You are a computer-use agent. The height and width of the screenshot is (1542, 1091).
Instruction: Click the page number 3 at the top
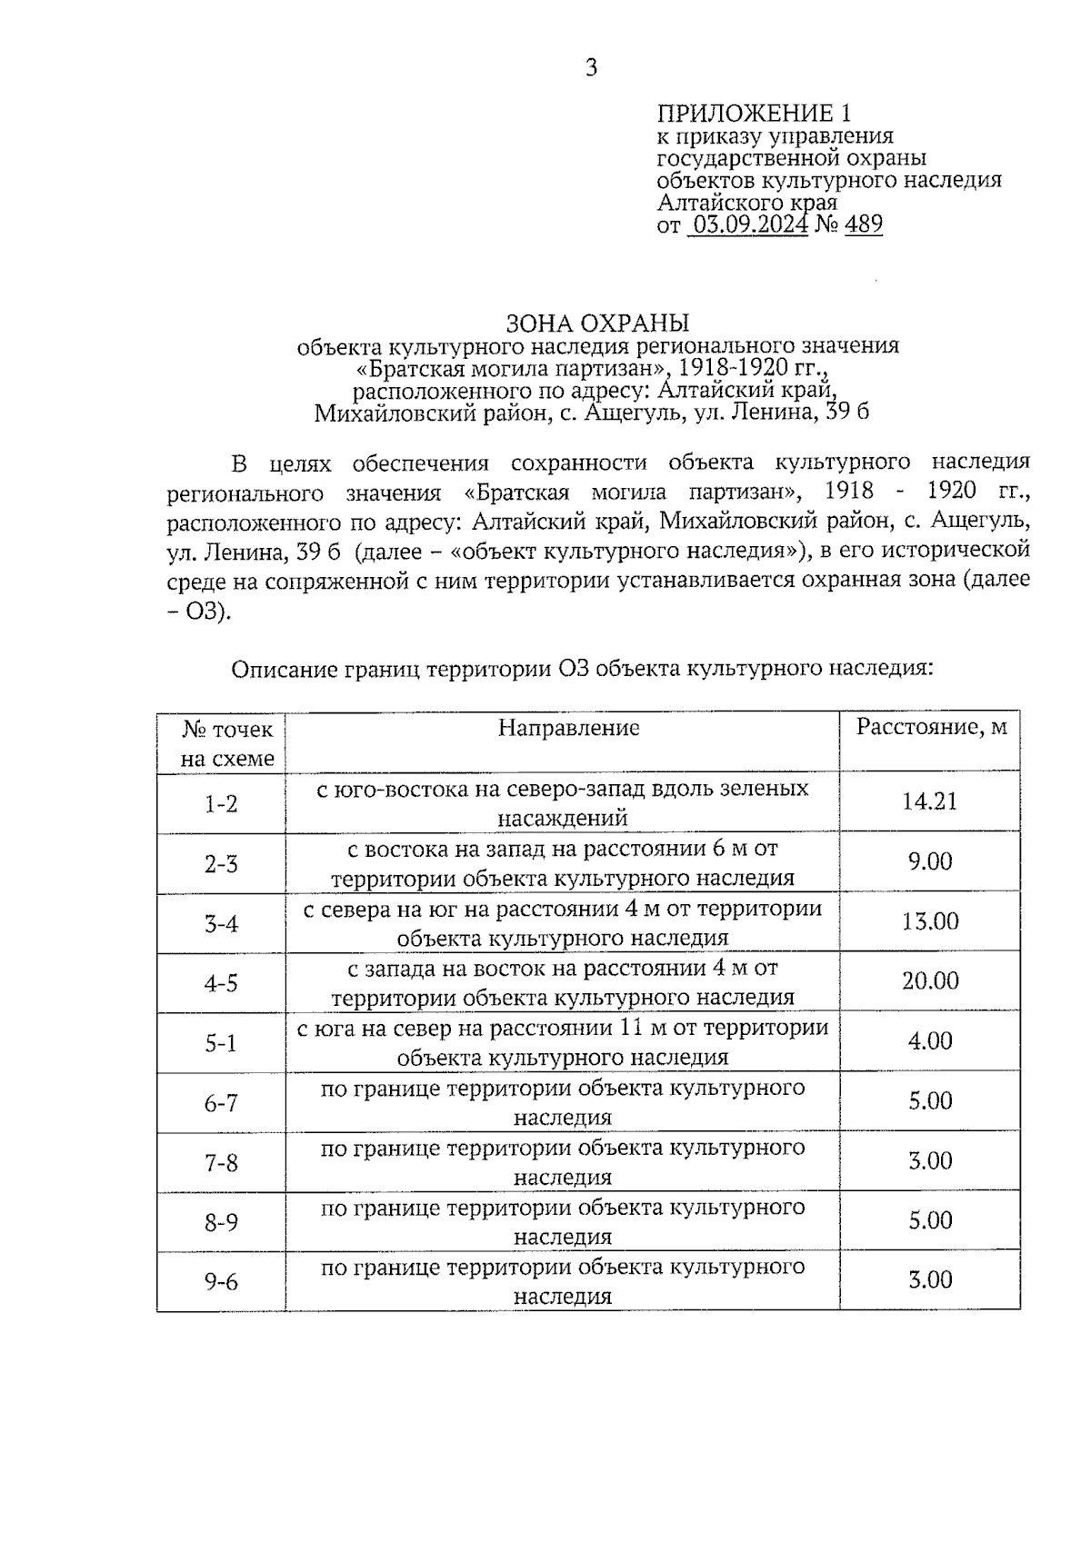[591, 67]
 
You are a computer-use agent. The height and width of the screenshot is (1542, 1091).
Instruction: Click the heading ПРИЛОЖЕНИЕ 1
[755, 114]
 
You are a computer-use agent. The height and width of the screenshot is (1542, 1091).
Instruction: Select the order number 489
[863, 224]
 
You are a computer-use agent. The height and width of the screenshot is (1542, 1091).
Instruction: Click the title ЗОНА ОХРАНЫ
[597, 323]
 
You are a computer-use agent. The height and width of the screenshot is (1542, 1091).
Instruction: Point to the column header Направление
[568, 728]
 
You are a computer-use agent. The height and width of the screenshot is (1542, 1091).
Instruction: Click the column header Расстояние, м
[932, 727]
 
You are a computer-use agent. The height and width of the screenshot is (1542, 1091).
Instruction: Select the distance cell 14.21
[929, 801]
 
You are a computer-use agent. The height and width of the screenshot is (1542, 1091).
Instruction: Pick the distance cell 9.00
[929, 861]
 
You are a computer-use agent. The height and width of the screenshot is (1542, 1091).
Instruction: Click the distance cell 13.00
[929, 921]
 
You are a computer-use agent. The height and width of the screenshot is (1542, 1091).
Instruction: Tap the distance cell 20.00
[929, 981]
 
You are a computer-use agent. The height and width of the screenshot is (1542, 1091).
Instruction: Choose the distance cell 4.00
[929, 1041]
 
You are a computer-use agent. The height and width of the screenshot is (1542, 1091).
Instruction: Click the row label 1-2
[221, 804]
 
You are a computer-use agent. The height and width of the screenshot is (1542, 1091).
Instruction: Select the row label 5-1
[221, 1044]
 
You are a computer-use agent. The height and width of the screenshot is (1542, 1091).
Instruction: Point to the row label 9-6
[221, 1282]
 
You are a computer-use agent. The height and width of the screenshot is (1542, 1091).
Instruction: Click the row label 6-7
[221, 1104]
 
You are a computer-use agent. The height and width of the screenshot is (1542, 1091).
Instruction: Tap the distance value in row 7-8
[929, 1161]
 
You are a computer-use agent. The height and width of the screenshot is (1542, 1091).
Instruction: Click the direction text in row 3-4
[562, 923]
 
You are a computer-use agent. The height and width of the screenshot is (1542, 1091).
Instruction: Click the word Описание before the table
[284, 670]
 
